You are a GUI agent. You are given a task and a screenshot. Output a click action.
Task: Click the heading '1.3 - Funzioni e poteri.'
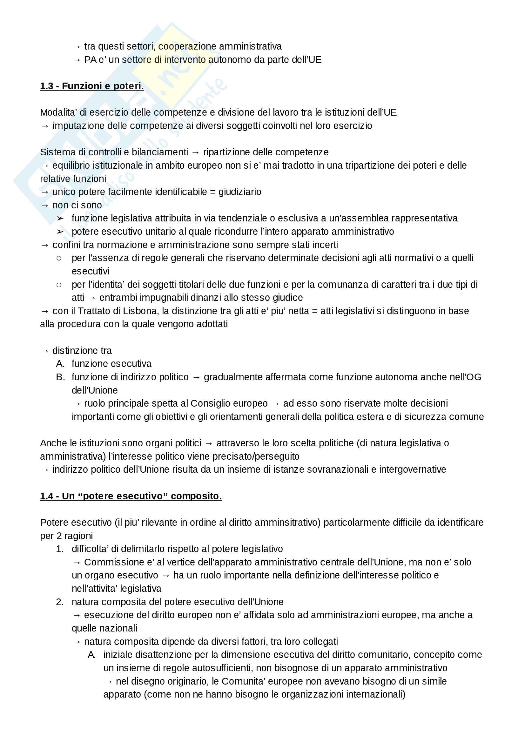point(91,86)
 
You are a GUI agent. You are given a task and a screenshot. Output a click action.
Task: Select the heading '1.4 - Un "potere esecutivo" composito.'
point(131,496)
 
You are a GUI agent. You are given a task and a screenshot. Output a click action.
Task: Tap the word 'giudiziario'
point(240,192)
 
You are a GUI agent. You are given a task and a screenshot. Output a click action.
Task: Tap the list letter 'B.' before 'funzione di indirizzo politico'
point(60,377)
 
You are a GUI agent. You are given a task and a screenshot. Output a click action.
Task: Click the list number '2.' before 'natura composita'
point(59,602)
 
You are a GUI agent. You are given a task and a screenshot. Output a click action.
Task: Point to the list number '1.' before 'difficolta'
point(59,549)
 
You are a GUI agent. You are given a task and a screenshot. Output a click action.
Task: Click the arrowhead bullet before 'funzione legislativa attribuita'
point(60,219)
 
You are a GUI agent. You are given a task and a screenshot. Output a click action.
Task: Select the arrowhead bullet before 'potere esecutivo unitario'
point(60,232)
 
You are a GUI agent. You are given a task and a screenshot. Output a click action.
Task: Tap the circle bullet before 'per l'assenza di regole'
point(59,258)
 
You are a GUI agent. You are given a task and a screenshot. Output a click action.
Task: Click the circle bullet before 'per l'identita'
point(59,285)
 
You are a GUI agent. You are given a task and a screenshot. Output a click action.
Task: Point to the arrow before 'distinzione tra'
point(45,351)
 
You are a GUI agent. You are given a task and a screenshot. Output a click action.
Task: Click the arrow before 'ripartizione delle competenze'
point(195,152)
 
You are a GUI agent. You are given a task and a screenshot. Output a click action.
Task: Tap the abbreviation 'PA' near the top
point(90,60)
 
